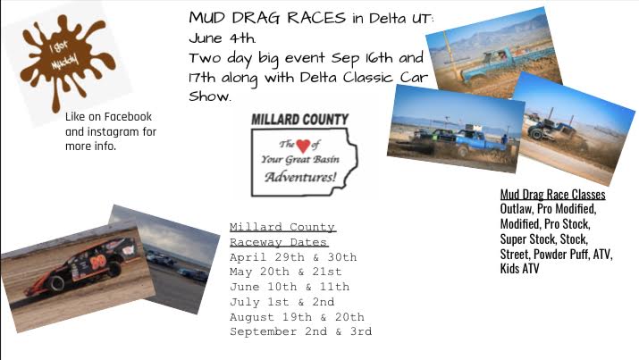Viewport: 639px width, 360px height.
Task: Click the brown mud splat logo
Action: [65, 61]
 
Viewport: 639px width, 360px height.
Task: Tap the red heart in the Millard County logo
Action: [303, 145]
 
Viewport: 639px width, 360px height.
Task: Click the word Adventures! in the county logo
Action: [301, 177]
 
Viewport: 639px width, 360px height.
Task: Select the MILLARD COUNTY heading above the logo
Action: [300, 120]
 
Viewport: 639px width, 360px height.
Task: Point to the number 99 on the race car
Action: [98, 263]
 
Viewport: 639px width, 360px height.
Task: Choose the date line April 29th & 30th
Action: [293, 257]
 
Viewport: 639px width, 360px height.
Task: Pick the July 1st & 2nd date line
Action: [282, 302]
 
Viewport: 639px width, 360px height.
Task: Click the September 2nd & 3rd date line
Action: [301, 331]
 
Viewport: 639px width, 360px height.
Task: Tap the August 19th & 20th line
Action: [297, 317]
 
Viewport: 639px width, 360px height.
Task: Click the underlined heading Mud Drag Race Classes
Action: [552, 194]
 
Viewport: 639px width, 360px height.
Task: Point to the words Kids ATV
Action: [519, 269]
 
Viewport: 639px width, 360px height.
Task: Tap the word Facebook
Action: [128, 117]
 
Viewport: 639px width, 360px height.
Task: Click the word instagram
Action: [114, 132]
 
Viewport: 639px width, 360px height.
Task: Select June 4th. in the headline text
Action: [223, 38]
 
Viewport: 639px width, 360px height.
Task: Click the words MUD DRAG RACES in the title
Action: [267, 18]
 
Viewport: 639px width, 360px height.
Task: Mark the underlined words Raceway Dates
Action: [279, 242]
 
